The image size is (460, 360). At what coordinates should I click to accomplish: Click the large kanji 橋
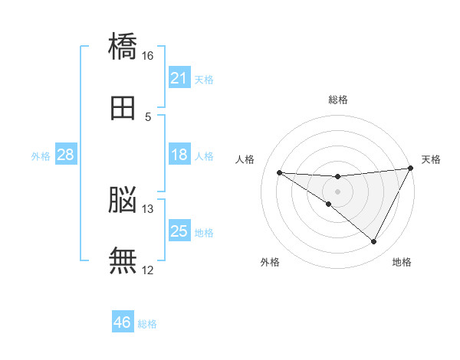click(123, 46)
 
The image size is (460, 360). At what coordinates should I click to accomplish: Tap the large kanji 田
click(123, 108)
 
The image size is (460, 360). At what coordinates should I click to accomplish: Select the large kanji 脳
click(123, 199)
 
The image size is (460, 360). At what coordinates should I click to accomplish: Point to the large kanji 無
click(123, 260)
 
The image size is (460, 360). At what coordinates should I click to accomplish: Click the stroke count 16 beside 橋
click(147, 56)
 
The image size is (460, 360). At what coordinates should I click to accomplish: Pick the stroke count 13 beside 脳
click(147, 209)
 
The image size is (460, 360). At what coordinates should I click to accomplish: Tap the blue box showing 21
click(179, 77)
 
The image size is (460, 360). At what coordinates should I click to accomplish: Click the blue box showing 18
click(179, 154)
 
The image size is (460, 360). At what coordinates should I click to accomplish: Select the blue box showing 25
click(179, 230)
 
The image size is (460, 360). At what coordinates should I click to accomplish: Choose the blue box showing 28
click(66, 154)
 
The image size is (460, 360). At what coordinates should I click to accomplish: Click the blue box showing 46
click(123, 321)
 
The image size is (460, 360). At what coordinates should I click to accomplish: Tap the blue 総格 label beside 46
click(147, 324)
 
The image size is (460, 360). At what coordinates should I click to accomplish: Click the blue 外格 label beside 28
click(41, 156)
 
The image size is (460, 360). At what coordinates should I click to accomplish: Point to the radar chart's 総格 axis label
click(338, 100)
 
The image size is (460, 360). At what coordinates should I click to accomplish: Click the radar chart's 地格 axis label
click(402, 262)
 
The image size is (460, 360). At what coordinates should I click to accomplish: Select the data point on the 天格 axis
click(411, 168)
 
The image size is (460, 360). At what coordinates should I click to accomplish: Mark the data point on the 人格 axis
click(280, 172)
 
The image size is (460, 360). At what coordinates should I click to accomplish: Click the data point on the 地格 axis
click(373, 241)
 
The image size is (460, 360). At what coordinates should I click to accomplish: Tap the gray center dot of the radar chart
click(337, 191)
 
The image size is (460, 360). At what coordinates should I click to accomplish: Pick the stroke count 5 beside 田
click(148, 117)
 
